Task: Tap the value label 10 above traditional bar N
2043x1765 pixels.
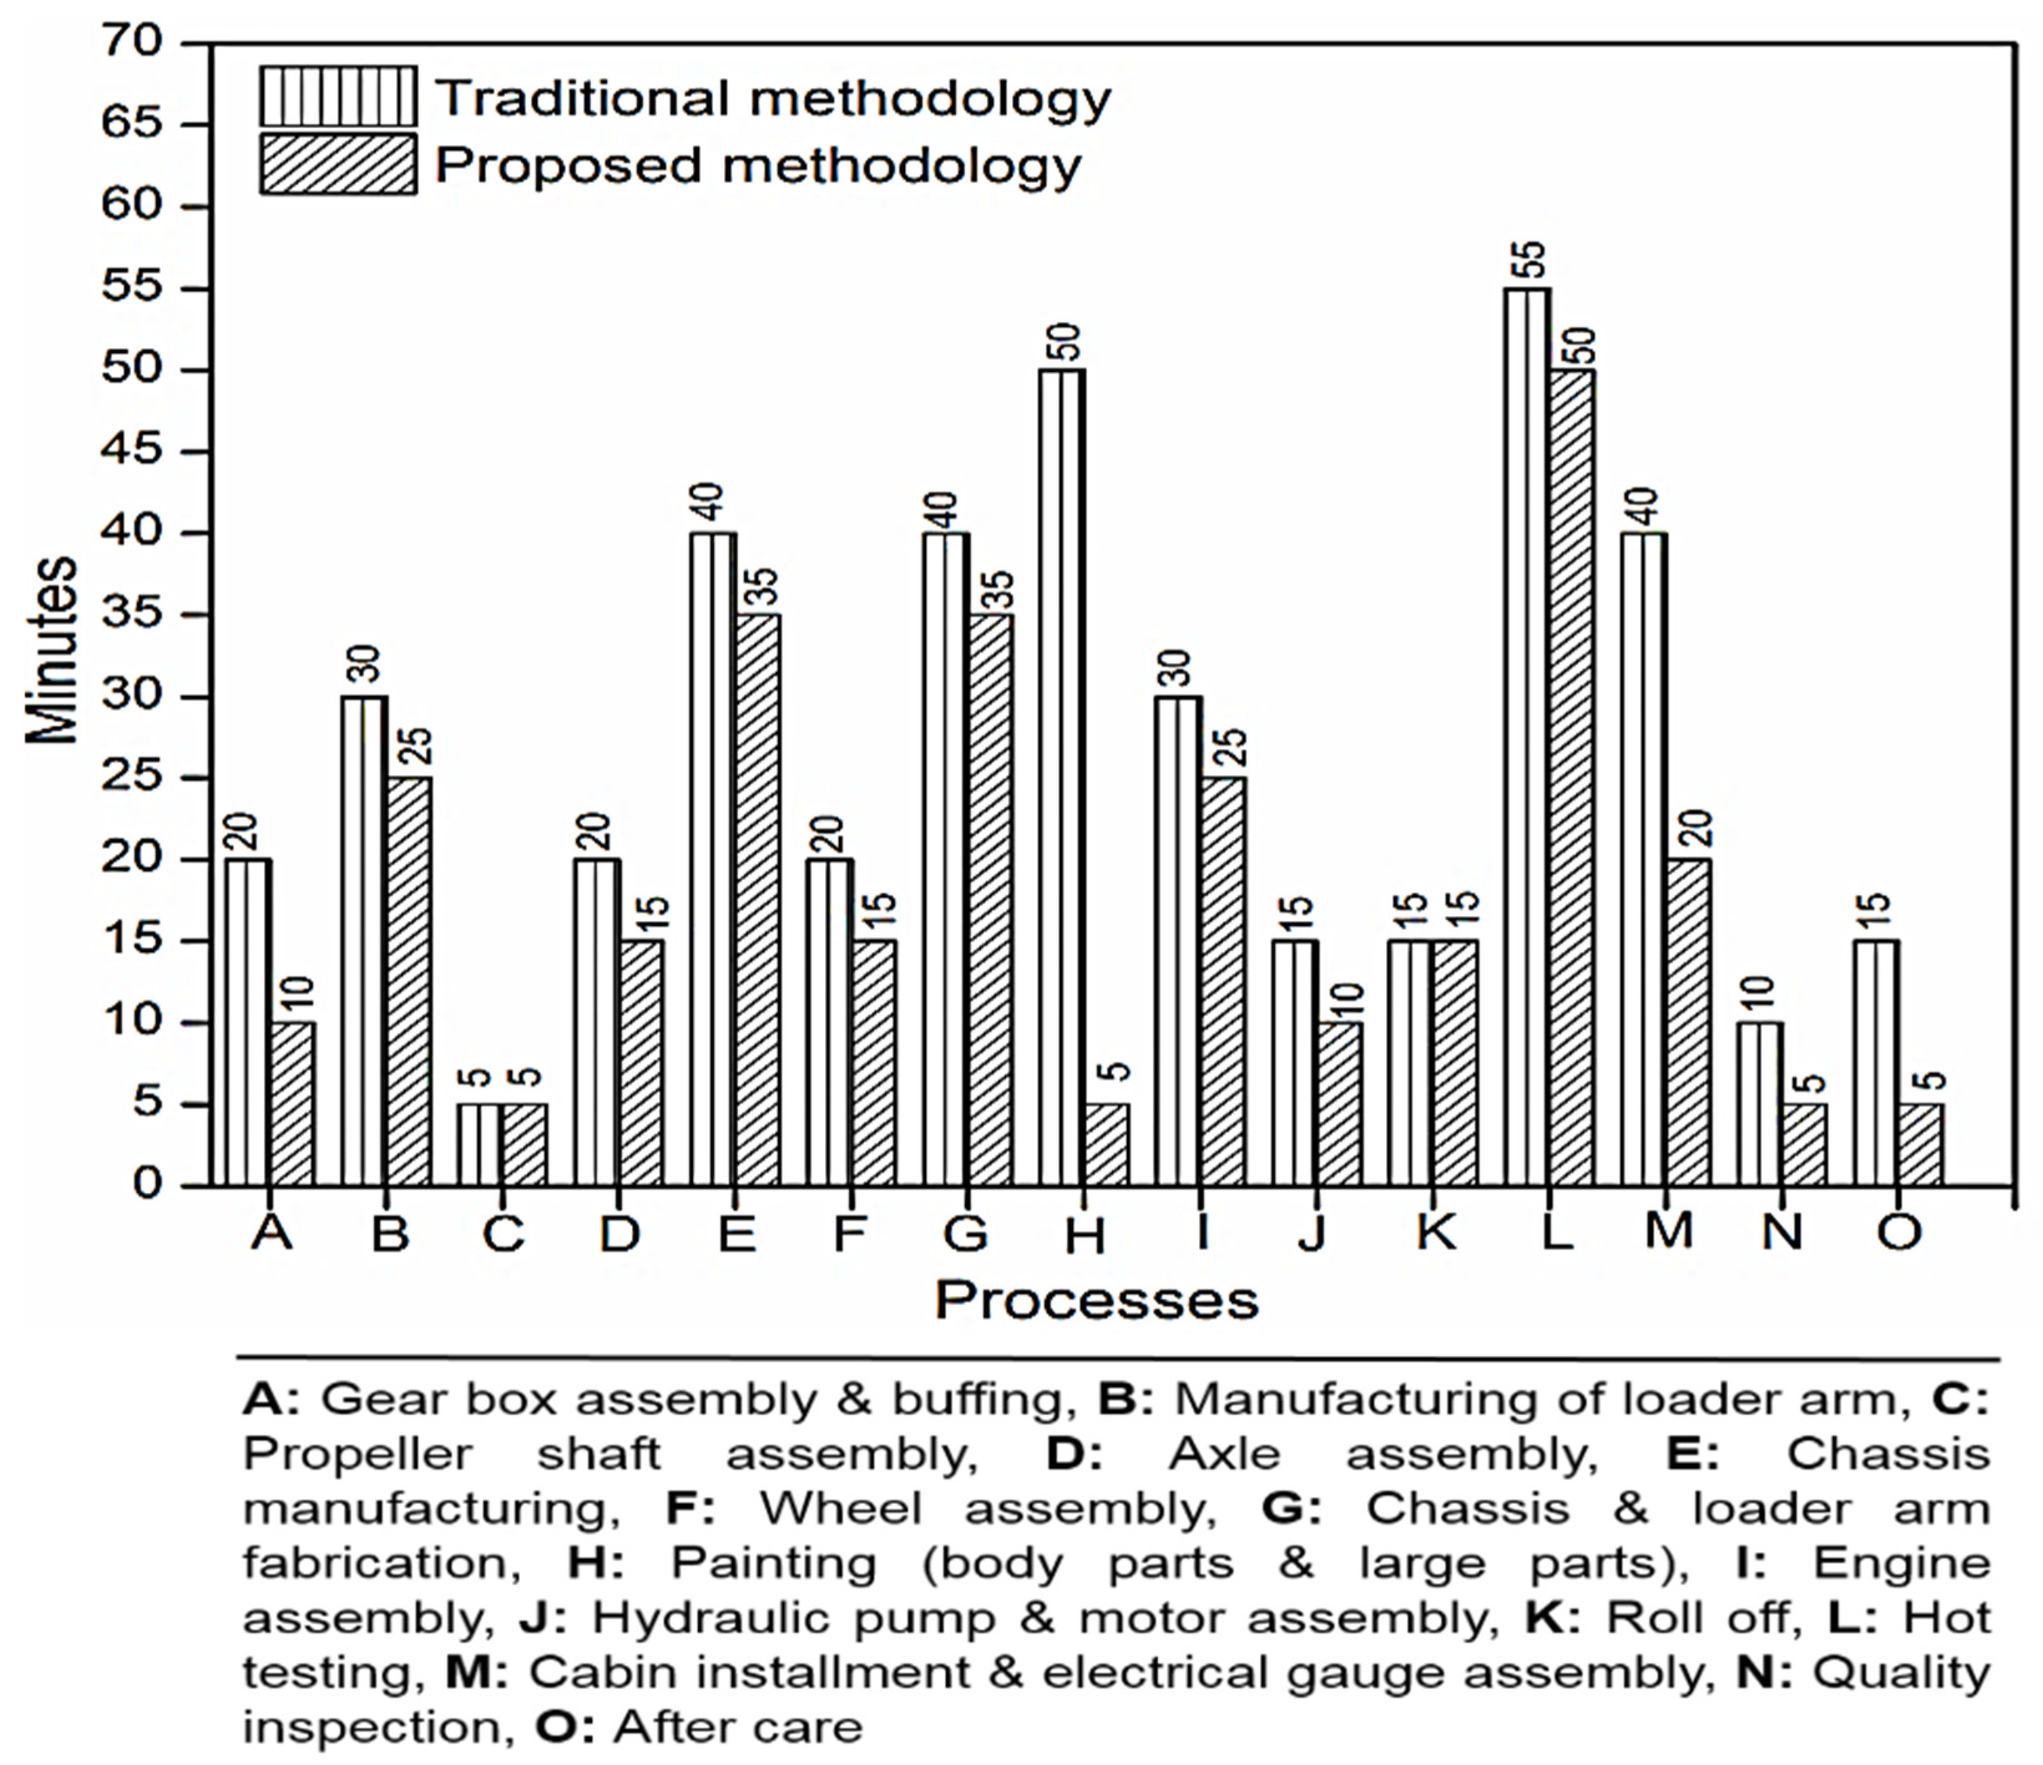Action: (1762, 997)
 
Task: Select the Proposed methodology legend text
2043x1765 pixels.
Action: (757, 165)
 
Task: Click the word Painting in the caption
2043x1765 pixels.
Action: (774, 1564)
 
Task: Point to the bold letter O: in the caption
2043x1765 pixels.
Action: (565, 1728)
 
